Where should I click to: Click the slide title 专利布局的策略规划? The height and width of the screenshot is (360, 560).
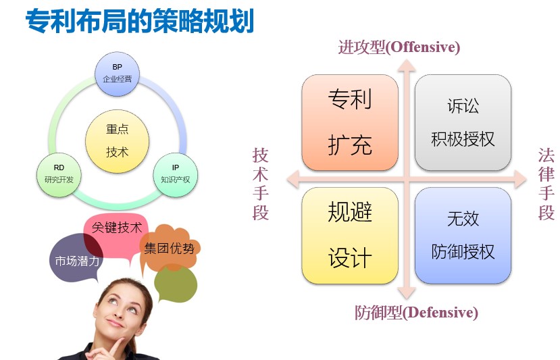pos(140,21)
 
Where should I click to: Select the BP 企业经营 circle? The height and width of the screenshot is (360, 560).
pos(117,74)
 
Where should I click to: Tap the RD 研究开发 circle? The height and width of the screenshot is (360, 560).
pos(59,175)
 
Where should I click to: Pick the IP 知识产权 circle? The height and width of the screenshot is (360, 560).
pos(176,175)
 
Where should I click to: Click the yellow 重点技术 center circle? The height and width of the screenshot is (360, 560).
pos(117,141)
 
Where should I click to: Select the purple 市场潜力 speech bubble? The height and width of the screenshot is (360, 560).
pos(76,258)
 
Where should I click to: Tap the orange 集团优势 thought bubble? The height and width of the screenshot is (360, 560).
pos(169,248)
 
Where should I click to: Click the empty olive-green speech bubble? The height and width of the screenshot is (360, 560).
pos(176,284)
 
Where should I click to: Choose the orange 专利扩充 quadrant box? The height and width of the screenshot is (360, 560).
pos(350,122)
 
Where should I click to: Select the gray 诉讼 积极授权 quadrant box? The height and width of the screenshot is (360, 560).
pos(463,122)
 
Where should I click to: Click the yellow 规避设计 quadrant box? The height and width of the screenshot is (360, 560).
pos(350,236)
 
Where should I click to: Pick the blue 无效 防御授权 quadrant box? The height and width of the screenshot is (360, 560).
pos(463,236)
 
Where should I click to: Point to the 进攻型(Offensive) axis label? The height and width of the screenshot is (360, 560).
pos(399,47)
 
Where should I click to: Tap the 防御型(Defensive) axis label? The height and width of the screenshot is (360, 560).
pos(416,313)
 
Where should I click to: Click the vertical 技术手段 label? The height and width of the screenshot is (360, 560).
pos(260,184)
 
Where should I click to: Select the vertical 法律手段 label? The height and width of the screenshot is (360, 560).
pos(546,184)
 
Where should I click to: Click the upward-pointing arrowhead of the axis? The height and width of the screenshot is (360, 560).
pos(407,66)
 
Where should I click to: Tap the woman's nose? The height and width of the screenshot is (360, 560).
pos(120,313)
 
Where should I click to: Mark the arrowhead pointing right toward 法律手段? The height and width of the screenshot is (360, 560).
pos(520,179)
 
